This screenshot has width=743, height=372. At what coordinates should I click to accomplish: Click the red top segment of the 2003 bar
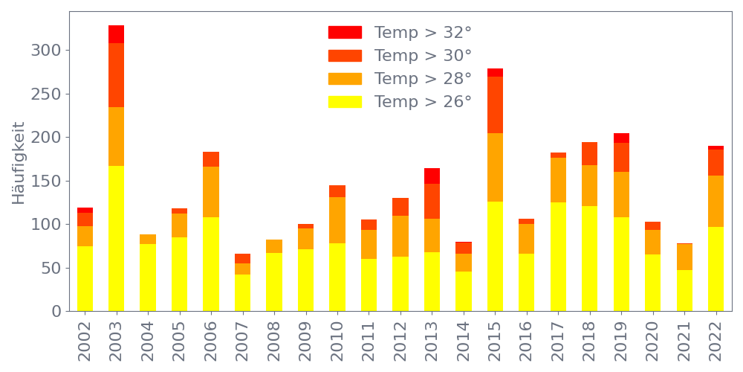coord(116,34)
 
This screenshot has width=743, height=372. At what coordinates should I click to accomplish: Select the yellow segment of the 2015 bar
coord(495,256)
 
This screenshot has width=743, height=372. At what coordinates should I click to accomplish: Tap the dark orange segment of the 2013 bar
coord(432,201)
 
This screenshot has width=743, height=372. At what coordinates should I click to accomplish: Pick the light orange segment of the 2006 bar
coord(211,192)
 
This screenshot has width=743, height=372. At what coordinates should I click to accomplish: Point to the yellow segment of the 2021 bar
coord(684,290)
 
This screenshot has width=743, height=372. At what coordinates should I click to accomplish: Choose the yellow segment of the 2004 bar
coord(148,278)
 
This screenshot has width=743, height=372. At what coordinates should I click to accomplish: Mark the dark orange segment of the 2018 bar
coord(590,154)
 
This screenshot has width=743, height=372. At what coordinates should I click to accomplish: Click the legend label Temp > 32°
coord(423,33)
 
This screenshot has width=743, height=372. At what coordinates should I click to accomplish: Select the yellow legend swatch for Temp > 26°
coord(345,102)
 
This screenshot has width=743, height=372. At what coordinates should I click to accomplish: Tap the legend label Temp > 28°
coord(423,79)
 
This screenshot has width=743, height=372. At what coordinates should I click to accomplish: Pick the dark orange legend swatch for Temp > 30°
coord(345,56)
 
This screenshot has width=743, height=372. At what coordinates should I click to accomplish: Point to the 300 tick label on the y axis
coord(45,51)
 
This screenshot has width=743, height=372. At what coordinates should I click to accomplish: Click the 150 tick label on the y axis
coord(45,181)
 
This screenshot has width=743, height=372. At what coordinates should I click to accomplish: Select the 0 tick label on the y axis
coord(55,311)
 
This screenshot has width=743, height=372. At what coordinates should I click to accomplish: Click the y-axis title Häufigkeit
coord(19,162)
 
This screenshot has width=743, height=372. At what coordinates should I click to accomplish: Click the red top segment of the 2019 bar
coord(621,138)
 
